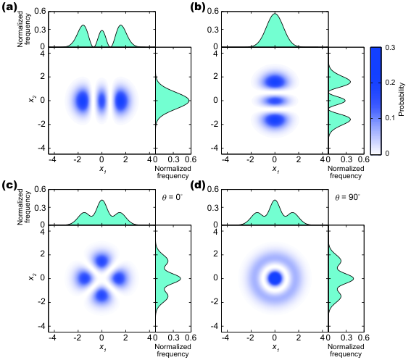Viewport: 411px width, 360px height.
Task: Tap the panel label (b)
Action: click(198, 7)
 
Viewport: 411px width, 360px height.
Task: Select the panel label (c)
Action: click(9, 185)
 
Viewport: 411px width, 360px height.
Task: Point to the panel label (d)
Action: click(198, 185)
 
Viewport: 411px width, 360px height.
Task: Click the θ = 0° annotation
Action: click(173, 197)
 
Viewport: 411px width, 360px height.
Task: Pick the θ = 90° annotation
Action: click(348, 197)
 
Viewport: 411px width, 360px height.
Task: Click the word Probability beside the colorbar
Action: click(402, 99)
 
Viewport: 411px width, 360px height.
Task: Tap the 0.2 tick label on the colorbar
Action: click(390, 83)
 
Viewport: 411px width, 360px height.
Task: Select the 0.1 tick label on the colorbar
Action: click(390, 118)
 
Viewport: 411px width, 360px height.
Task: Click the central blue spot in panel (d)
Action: click(275, 278)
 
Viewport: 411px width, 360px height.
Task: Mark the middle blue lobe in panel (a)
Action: click(101, 101)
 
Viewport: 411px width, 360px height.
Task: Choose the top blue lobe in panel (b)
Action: click(275, 81)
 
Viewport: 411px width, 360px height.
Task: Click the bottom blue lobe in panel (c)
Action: click(101, 296)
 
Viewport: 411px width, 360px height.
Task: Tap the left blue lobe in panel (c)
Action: click(84, 278)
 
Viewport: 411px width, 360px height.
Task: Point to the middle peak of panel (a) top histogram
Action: click(101, 31)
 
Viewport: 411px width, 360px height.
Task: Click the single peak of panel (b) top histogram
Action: click(275, 14)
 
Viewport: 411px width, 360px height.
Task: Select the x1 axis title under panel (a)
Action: click(102, 169)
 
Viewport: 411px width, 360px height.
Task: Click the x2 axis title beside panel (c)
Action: click(32, 277)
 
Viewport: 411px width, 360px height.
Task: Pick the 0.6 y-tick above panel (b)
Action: click(213, 12)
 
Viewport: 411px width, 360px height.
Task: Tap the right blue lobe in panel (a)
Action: click(122, 101)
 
